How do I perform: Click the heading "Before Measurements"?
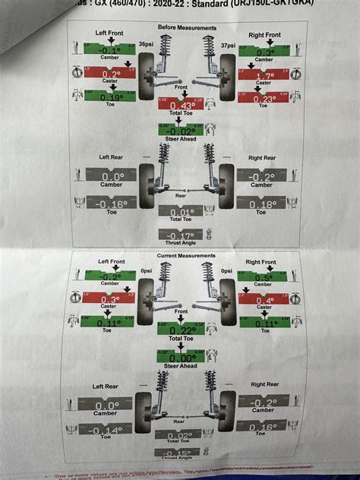click(187, 28)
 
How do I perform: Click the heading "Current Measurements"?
click(187, 257)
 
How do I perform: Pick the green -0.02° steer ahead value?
click(180, 131)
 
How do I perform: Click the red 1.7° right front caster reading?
click(264, 75)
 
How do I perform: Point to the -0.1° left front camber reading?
click(110, 52)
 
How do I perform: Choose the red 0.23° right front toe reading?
click(264, 99)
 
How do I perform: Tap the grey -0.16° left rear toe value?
click(111, 204)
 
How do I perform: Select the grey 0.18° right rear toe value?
click(264, 204)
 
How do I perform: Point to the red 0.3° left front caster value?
click(110, 299)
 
